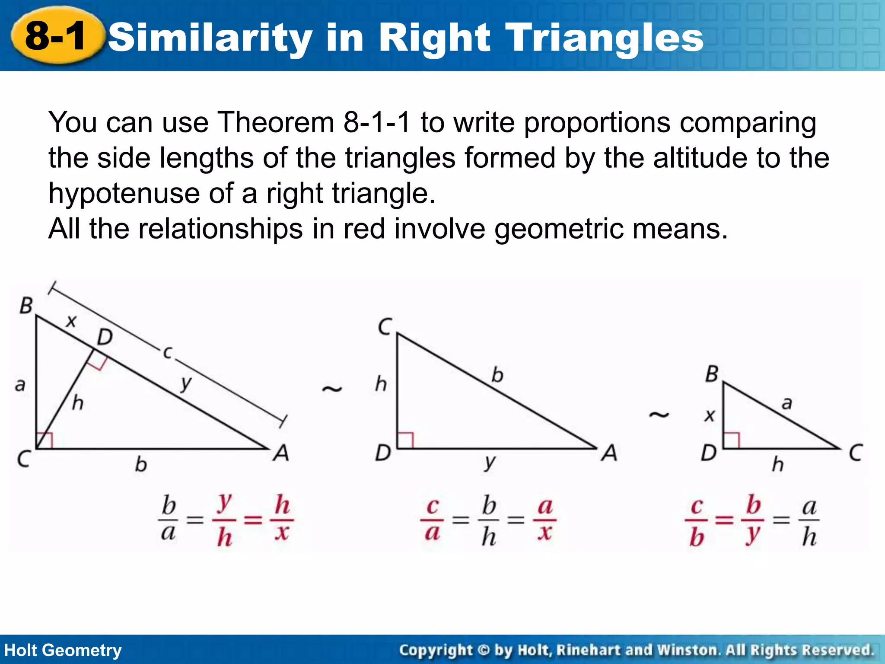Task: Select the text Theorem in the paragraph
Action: click(276, 122)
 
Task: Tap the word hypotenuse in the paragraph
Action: click(124, 193)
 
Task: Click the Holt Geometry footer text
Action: click(63, 650)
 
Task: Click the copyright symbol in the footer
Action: click(483, 650)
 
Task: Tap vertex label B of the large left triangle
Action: click(26, 306)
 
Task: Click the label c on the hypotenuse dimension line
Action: click(167, 352)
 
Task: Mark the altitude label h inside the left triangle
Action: click(77, 403)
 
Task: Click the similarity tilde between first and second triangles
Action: click(332, 389)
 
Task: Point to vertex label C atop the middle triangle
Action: click(384, 327)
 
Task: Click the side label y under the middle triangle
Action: click(489, 463)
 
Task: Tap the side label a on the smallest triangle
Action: click(787, 403)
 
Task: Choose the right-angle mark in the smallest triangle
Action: click(731, 441)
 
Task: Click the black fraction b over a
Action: click(169, 519)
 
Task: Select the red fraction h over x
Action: click(282, 519)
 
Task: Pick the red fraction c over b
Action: click(696, 520)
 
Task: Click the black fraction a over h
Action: click(809, 520)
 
